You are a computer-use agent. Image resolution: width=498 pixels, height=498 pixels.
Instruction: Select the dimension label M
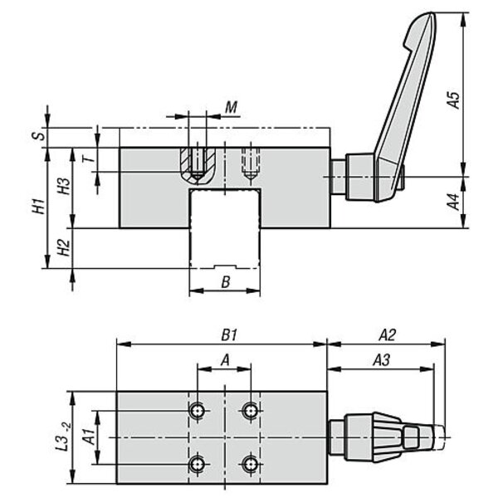232,108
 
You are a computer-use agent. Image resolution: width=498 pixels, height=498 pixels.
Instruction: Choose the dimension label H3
65,187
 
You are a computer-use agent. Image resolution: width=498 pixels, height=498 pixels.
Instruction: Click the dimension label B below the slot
225,281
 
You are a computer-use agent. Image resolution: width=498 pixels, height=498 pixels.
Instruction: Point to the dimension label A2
387,335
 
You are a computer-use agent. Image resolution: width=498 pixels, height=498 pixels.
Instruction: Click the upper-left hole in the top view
198,410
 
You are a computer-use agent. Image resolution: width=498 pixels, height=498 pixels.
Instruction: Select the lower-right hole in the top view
251,463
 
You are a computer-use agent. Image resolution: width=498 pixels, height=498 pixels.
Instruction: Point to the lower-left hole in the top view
198,463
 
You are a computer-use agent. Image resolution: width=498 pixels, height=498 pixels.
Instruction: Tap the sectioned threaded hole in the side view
198,164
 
